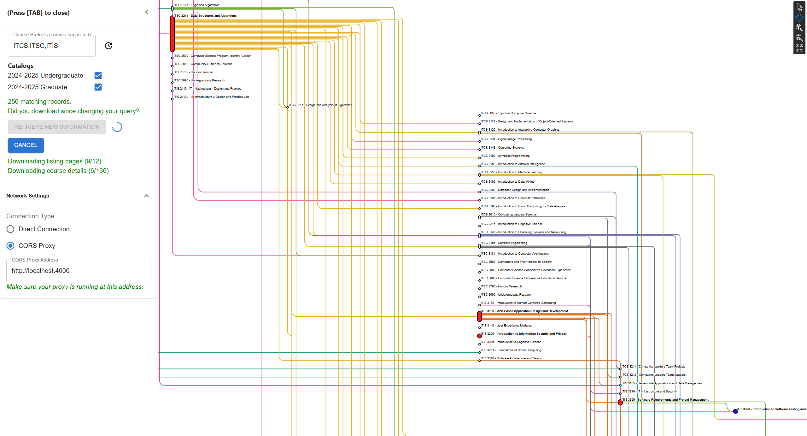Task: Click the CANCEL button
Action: coord(26,145)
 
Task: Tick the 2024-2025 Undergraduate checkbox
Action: coord(98,75)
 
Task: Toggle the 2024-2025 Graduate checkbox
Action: coord(98,87)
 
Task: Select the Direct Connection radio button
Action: coord(10,229)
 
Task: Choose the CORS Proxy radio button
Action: coord(10,246)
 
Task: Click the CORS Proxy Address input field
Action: coord(79,271)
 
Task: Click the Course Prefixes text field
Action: coord(51,46)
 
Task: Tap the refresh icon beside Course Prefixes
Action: coord(108,46)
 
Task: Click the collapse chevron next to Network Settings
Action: coord(146,196)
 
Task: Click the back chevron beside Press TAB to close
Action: coord(146,12)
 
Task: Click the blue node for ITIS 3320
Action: coord(735,411)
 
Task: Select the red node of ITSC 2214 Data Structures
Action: coord(172,34)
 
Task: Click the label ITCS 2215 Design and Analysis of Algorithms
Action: coord(320,105)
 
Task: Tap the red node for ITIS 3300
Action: coord(620,403)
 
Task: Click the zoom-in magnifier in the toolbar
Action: coord(799,28)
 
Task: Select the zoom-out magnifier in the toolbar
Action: coord(799,38)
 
